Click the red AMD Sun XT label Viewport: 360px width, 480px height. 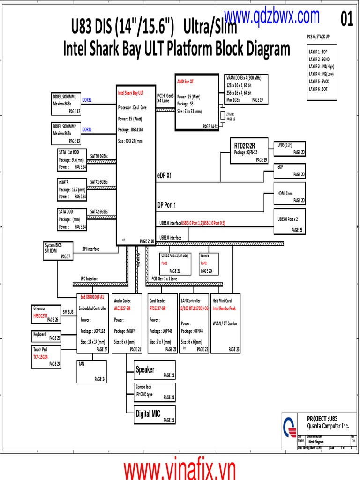185,81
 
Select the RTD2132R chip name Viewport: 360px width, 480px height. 244,145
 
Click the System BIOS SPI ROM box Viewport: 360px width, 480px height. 57,251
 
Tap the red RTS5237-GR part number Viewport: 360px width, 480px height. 159,308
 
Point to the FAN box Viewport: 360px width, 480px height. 92,371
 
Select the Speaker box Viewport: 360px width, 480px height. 155,370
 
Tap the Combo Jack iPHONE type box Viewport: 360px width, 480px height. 155,392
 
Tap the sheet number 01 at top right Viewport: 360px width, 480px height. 346,20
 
